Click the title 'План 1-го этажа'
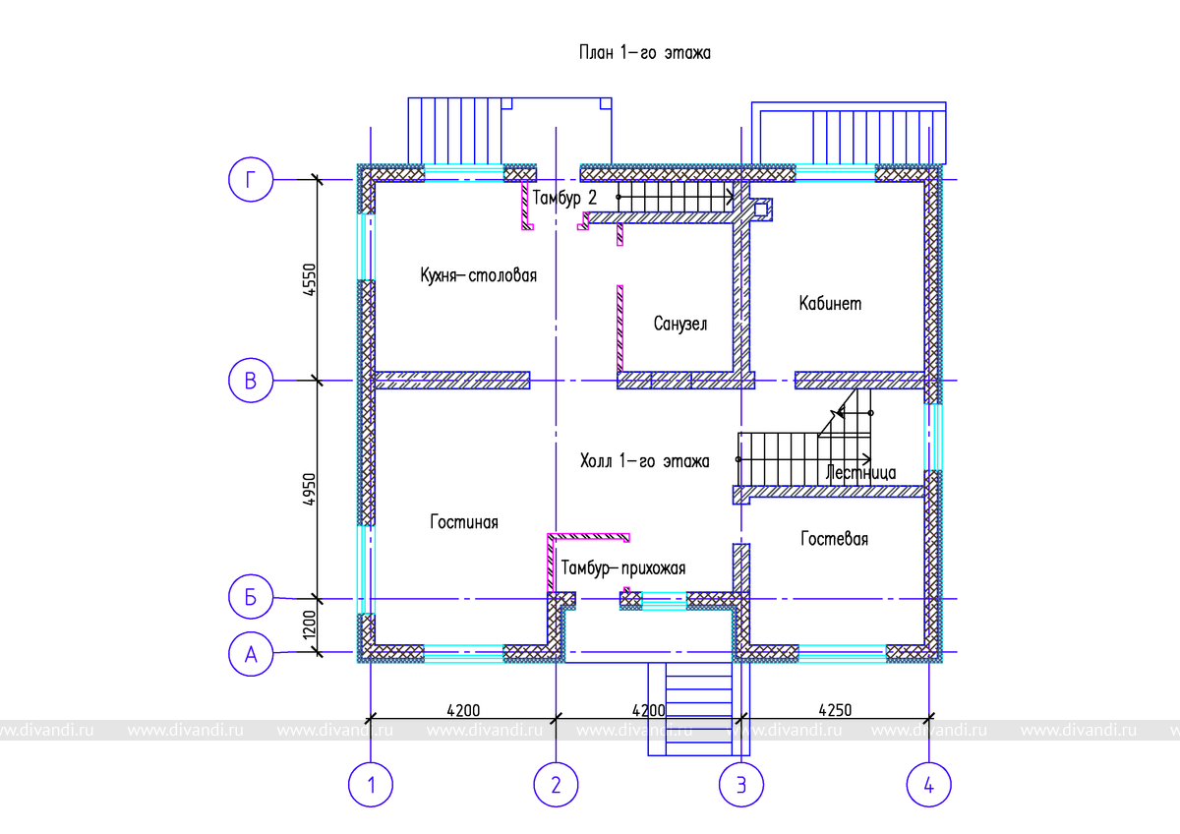643,53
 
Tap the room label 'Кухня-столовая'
478,275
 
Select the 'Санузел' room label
679,324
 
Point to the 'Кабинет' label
830,303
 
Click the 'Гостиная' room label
463,522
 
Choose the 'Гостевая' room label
834,539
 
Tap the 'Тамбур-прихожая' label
623,567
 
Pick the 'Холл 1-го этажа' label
644,460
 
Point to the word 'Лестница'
861,473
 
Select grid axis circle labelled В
251,381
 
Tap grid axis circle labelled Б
251,598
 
